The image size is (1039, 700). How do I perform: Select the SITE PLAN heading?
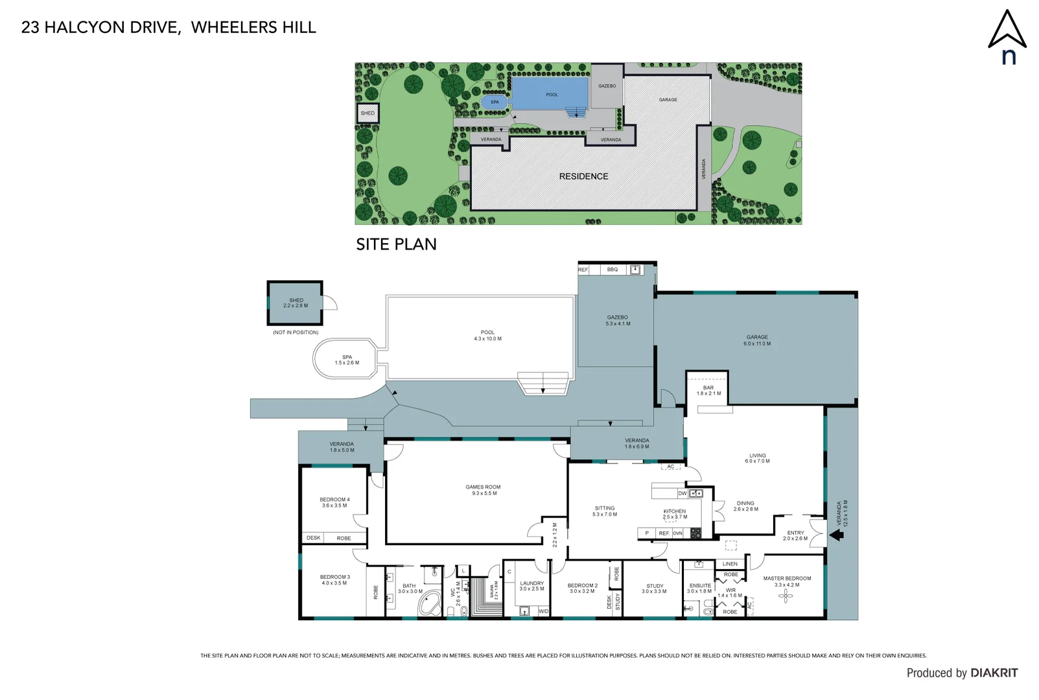click(396, 244)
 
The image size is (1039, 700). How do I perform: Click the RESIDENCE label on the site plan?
click(583, 176)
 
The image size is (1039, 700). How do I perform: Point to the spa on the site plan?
click(495, 102)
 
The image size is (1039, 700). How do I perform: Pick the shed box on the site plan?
click(368, 113)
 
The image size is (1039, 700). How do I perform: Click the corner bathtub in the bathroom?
click(429, 604)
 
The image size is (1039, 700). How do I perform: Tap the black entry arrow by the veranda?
click(836, 535)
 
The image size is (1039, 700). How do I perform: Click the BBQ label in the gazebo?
click(613, 270)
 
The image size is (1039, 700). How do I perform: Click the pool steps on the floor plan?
click(543, 384)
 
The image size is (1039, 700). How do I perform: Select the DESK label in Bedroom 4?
click(314, 538)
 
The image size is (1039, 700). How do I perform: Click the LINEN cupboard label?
click(730, 564)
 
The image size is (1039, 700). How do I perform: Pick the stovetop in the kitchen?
click(695, 533)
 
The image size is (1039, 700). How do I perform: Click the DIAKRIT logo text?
click(994, 673)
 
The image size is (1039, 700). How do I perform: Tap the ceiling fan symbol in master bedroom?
click(786, 596)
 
